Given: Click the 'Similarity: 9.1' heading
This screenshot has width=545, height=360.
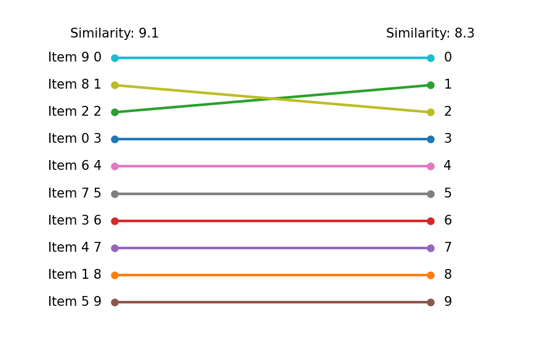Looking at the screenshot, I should point(115,34).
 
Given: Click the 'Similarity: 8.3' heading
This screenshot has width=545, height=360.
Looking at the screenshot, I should point(430,34).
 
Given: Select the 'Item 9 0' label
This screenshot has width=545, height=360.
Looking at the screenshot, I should point(75,58).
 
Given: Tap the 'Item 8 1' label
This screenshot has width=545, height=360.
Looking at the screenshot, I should point(75,85).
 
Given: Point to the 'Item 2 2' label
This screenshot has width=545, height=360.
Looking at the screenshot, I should point(75,112).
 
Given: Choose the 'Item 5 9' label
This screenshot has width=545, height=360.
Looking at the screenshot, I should point(75,302).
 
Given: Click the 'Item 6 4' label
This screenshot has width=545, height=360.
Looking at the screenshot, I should point(75,166).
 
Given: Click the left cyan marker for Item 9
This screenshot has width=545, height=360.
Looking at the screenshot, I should point(115,58).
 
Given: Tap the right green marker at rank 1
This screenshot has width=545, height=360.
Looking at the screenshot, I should point(430,85).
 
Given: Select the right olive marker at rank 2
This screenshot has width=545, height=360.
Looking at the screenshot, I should point(430,112).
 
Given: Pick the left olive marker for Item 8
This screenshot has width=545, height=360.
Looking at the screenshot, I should point(115,85).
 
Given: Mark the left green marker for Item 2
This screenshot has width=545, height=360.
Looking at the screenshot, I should point(115,112).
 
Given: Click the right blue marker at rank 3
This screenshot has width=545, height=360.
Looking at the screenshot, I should point(430,139).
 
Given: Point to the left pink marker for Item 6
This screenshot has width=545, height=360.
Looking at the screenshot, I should point(115,166).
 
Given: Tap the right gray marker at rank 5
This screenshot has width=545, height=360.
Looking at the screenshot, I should point(430,194).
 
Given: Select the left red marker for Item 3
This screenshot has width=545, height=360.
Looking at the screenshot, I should point(115,221).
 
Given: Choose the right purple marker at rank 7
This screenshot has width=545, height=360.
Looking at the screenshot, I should point(430,248).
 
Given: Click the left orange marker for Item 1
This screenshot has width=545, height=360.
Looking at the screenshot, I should point(115,275).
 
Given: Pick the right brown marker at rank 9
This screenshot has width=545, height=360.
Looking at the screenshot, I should point(430,302).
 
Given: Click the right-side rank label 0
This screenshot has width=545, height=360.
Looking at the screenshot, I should point(448,58).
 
